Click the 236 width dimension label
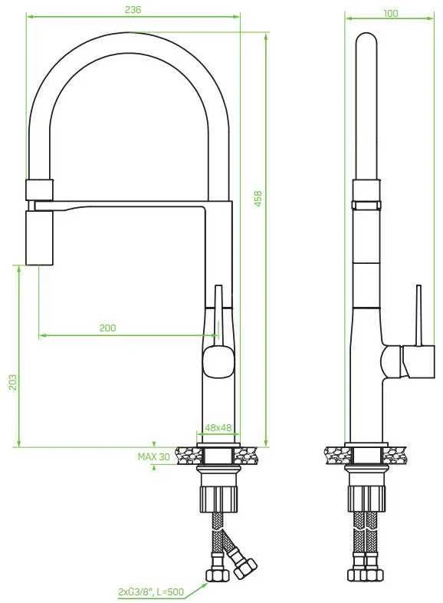pos(133,10)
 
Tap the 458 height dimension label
pos(258,199)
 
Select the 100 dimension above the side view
pos(391,13)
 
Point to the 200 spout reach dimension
pos(107,328)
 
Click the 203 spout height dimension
pos(14,382)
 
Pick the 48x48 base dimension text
pos(218,427)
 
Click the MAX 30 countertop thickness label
pos(154,456)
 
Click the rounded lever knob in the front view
pos(218,361)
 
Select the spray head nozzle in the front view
pos(39,238)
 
